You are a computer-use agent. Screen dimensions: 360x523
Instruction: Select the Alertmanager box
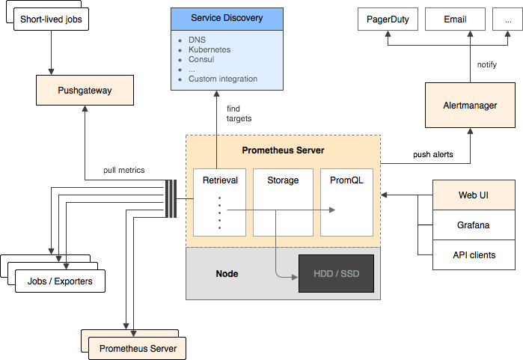point(470,106)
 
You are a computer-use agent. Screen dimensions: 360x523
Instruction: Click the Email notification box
point(455,19)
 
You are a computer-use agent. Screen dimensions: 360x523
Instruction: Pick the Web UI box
point(474,195)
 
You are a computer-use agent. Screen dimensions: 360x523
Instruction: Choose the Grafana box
point(474,225)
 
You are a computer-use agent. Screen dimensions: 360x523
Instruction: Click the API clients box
point(474,254)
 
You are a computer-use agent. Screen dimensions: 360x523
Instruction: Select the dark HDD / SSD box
point(335,274)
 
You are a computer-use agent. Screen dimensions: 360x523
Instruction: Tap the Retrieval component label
point(220,180)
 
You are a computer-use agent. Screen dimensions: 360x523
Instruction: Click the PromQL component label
point(346,180)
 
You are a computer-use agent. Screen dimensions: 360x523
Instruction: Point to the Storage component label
point(283,180)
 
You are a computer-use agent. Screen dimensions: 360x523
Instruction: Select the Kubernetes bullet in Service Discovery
point(209,49)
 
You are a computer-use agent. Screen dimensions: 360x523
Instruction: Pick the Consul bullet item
point(201,59)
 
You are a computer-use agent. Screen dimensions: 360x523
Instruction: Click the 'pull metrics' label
point(124,170)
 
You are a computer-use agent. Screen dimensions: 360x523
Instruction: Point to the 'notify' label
point(486,64)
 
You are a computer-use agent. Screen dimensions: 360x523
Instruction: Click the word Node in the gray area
point(227,274)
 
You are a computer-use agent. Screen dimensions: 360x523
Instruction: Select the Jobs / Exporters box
point(60,281)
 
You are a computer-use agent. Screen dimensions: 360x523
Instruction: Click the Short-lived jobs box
point(51,19)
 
